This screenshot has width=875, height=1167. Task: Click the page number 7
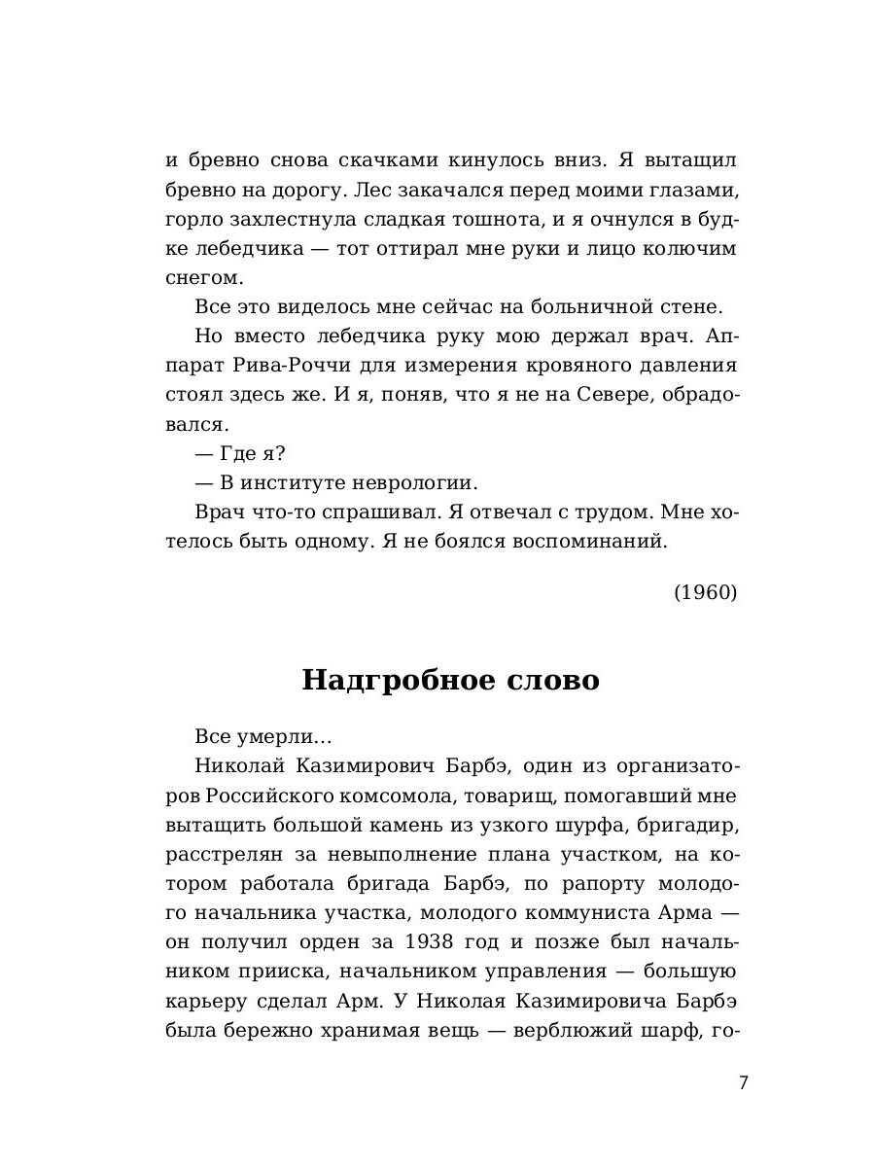pos(743,1083)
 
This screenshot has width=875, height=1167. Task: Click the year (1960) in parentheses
pos(705,592)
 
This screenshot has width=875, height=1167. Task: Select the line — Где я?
pos(240,453)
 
